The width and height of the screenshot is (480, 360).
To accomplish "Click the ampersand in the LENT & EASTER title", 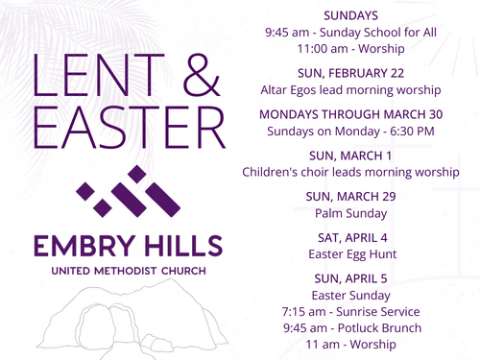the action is click(x=202, y=75).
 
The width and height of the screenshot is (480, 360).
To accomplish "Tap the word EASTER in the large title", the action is click(x=130, y=128).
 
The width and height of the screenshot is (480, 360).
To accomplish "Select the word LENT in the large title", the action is click(x=99, y=75).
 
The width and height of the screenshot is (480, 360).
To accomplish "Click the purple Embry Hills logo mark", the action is click(x=129, y=191).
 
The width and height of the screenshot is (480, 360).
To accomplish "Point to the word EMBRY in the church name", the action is click(x=84, y=246).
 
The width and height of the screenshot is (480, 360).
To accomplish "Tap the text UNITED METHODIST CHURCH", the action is click(x=129, y=271).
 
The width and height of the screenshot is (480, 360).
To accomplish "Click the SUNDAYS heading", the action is click(x=350, y=15).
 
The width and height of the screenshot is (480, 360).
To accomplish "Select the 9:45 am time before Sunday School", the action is click(x=287, y=33).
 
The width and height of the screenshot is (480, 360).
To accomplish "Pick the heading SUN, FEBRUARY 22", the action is click(x=350, y=73).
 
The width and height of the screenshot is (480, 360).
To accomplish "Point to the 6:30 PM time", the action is click(x=412, y=132).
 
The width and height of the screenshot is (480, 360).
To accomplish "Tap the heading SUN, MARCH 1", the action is click(x=350, y=156).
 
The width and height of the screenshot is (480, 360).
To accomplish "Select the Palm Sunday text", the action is click(x=350, y=213).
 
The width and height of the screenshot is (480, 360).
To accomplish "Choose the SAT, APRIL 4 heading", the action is click(x=352, y=238).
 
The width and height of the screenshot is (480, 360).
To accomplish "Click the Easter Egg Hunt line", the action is click(x=352, y=254).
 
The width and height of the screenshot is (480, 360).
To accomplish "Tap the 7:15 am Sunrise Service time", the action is click(x=303, y=312).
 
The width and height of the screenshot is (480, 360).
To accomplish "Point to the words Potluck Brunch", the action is click(x=379, y=328).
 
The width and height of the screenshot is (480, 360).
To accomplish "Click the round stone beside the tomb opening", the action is click(x=95, y=324).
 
